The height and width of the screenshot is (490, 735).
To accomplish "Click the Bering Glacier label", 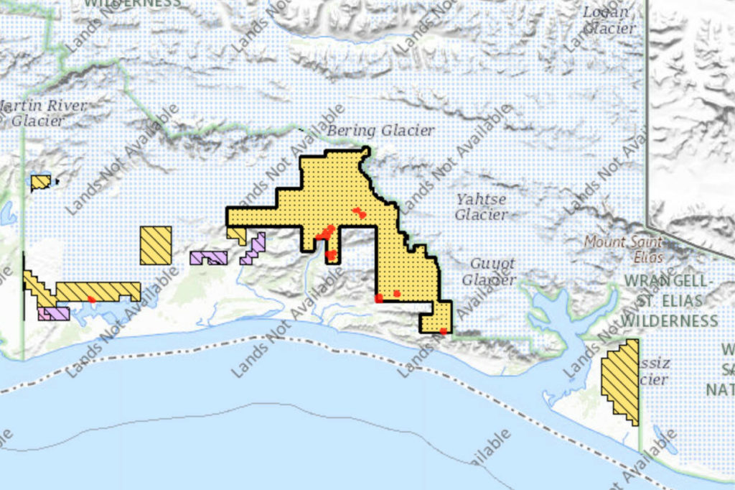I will coord(380,131).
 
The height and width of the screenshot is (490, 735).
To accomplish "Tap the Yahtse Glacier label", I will coord(481,207).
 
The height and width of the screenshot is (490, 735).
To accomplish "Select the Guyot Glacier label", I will coord(489,272).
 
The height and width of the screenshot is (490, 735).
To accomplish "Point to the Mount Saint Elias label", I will coord(624,249).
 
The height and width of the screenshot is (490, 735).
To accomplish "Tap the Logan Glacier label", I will coord(609,20).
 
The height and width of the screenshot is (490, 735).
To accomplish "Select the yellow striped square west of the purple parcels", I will coord(156,245).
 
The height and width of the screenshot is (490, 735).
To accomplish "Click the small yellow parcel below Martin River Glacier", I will coord(40,182).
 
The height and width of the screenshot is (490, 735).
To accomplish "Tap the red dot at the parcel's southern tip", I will coord(443,331).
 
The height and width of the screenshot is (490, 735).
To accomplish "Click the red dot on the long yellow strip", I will coord(91,299).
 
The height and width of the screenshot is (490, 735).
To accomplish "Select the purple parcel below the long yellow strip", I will coord(55,314).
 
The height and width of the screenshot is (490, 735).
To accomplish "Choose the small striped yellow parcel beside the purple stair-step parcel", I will coord(236,234).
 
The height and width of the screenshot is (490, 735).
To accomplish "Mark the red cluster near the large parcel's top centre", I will coord(359,213).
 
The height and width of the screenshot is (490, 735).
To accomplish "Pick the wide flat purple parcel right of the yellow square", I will coord(209,257).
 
